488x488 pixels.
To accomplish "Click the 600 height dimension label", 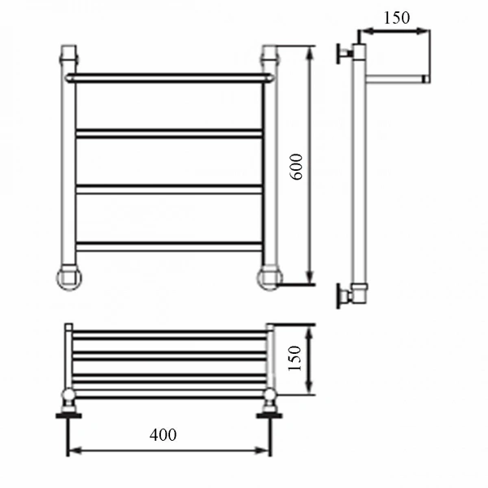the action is coord(296,167).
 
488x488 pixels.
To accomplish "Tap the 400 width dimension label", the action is coord(163,435).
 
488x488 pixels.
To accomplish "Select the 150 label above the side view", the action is coord(397,18).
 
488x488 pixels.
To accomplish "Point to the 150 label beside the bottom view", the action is coord(295,358).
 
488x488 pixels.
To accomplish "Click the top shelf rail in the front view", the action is coord(168,78).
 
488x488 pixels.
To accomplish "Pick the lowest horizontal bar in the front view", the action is coord(168,246).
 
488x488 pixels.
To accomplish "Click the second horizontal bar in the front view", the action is coord(168,133).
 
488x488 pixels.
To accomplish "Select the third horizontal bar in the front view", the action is coord(168,190).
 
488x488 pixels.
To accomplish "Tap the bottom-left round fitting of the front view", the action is coord(69,277).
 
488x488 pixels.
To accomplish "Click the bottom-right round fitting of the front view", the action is coord(269,277).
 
